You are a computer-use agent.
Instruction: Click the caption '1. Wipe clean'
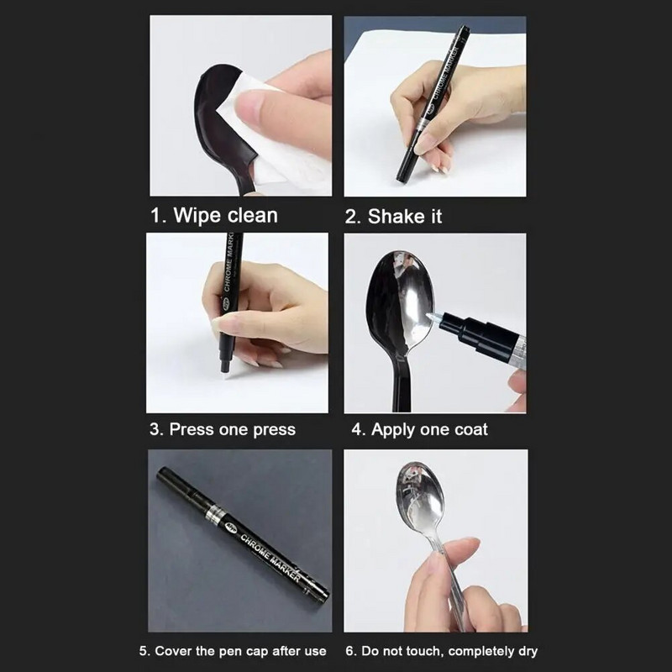tap(214, 215)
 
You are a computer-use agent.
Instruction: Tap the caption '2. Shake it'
tap(393, 217)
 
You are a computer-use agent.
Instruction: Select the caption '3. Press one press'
tap(223, 429)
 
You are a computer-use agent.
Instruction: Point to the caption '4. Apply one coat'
tap(419, 429)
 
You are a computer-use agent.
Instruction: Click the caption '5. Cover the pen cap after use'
tap(233, 652)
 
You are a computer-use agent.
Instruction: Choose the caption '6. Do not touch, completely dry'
tap(442, 652)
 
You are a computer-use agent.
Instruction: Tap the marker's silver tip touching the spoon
tap(433, 318)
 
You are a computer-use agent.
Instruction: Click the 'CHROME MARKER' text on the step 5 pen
tap(270, 558)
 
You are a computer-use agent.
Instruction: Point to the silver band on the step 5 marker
tap(214, 513)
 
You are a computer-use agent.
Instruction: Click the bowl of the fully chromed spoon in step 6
tap(418, 494)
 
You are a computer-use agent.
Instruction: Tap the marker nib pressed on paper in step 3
tap(223, 369)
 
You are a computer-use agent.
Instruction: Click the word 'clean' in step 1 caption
tap(252, 215)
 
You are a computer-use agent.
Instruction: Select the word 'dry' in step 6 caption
tap(528, 652)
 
